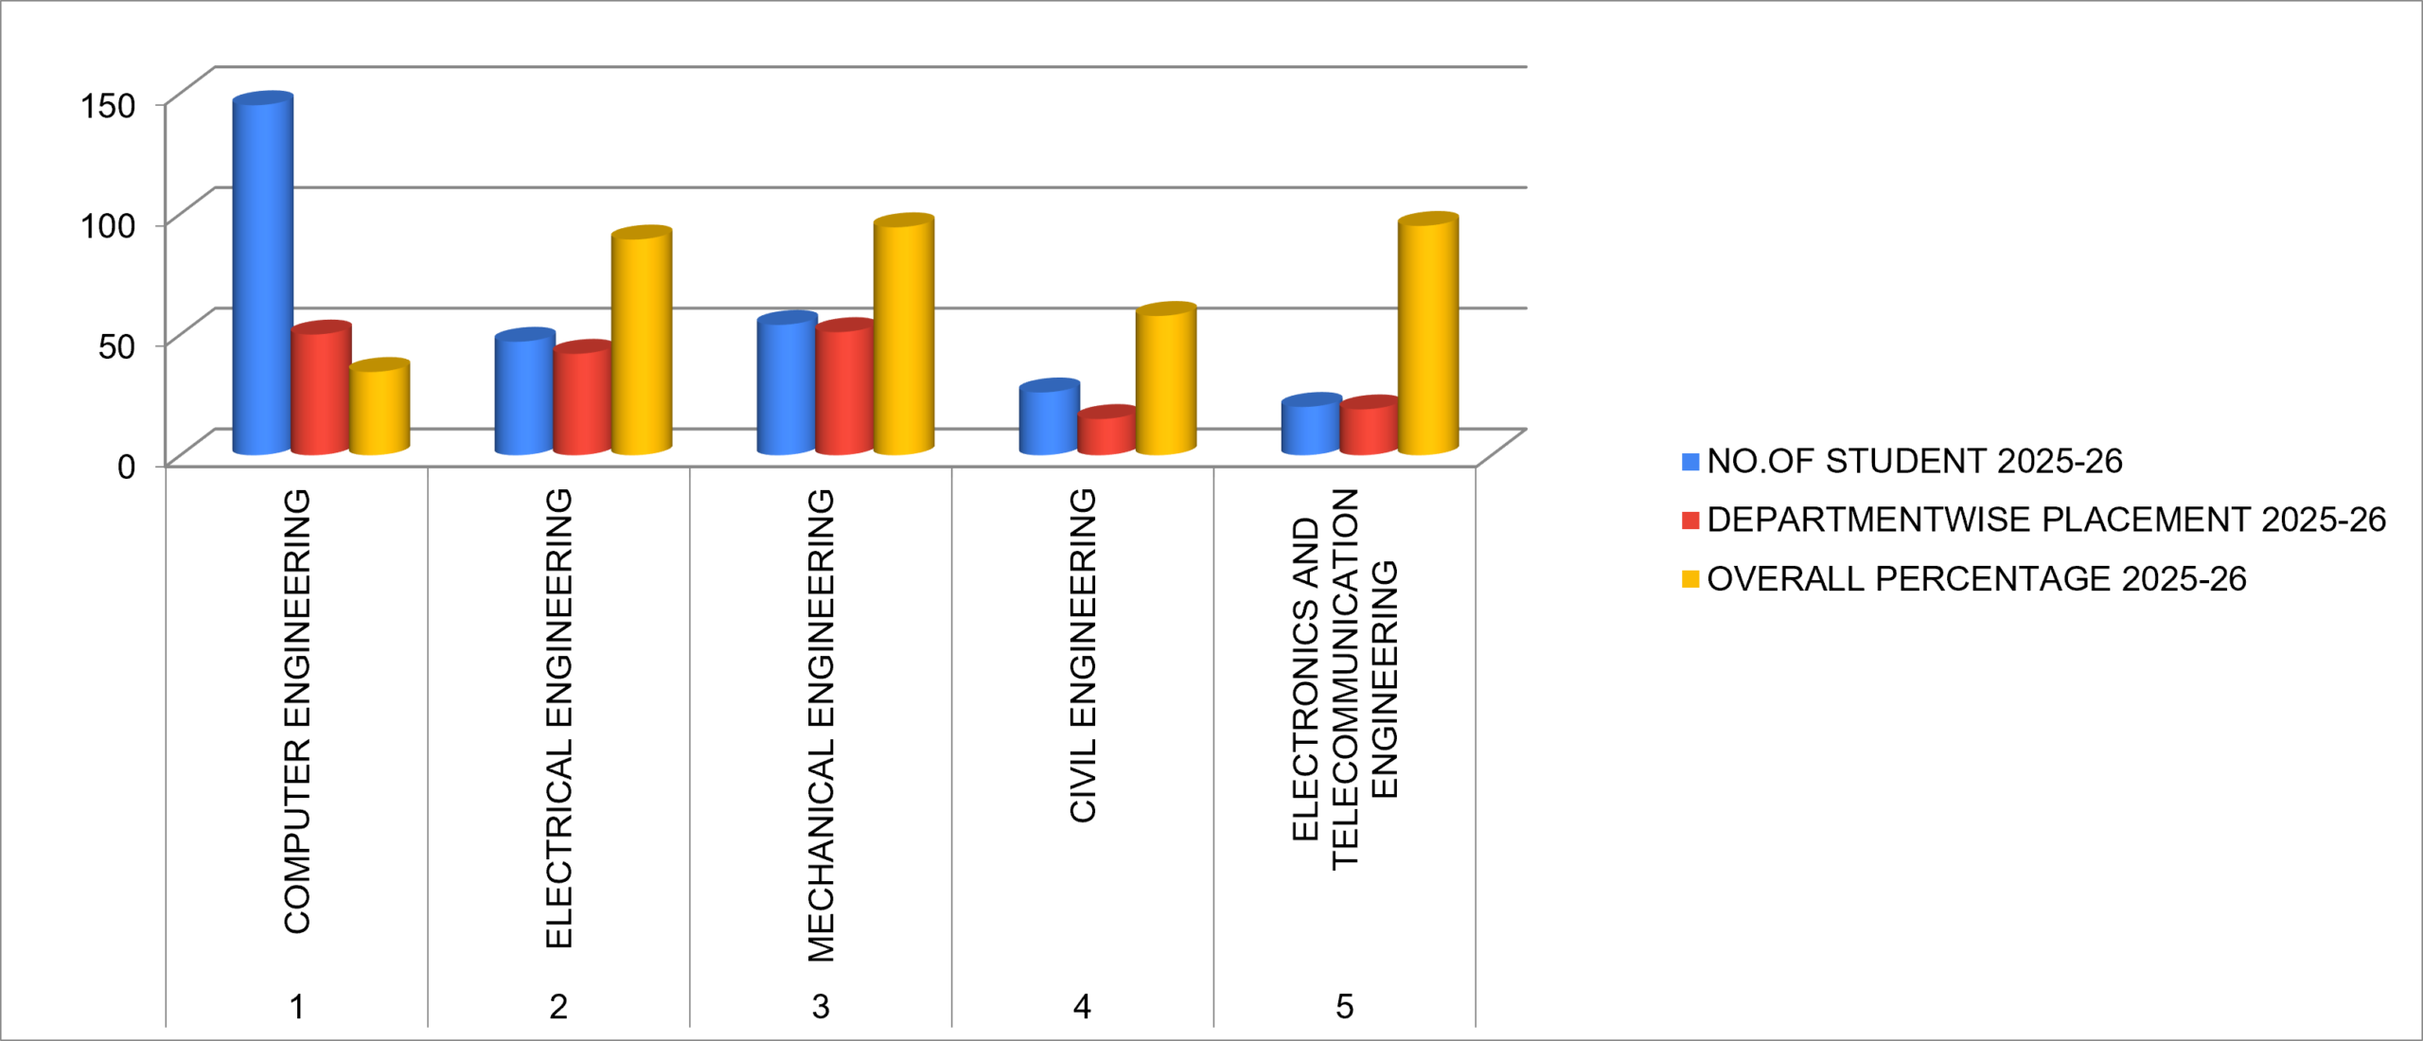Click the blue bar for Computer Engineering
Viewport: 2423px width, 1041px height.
(263, 273)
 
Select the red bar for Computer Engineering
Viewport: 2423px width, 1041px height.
(321, 388)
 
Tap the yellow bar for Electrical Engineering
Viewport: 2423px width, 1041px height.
(642, 341)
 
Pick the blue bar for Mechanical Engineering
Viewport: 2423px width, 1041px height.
(787, 383)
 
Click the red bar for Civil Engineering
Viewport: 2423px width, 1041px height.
(1106, 431)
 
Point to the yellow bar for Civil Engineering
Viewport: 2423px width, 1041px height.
(1166, 379)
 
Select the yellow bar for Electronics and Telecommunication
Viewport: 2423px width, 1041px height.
(1428, 334)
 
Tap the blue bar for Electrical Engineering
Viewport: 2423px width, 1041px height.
(524, 392)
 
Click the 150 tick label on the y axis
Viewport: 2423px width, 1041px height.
(109, 105)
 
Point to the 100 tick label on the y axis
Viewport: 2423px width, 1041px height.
(109, 225)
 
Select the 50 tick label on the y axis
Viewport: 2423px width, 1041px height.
(117, 345)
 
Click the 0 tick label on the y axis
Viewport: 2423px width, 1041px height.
(127, 466)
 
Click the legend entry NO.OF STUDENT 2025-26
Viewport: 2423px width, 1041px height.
(1902, 461)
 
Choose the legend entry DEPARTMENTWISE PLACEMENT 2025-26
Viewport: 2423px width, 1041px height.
(2034, 520)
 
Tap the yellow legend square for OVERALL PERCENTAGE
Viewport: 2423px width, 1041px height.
(1690, 578)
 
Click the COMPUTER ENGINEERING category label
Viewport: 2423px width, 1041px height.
(297, 711)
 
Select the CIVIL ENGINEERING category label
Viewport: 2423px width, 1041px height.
(1083, 655)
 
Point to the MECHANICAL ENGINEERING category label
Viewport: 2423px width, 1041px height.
(821, 725)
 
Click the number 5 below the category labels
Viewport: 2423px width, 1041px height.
(1344, 1006)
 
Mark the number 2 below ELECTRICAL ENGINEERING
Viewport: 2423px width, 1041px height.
(558, 1006)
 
